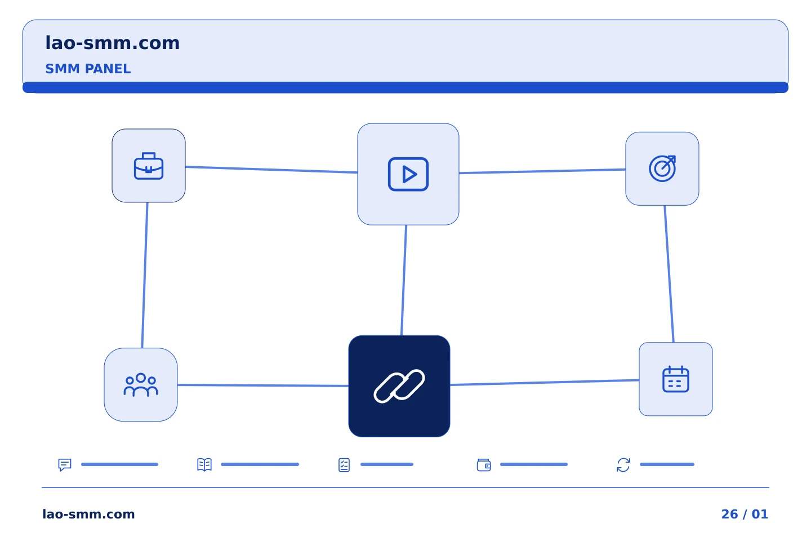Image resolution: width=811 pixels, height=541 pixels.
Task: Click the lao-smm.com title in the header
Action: pos(112,43)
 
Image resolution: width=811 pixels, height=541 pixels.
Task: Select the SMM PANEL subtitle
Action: pos(88,69)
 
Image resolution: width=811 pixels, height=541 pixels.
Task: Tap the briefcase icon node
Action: pos(149,166)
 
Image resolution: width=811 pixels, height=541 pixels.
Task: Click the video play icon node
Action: pos(408,174)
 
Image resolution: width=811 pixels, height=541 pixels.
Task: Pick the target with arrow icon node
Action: pos(662,168)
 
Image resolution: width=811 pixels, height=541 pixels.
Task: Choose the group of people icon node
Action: pos(141,384)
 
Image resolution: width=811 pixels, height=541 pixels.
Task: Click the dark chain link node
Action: pos(399,386)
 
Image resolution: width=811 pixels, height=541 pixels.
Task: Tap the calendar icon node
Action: pos(676,379)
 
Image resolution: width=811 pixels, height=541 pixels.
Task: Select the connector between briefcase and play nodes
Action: pos(271,170)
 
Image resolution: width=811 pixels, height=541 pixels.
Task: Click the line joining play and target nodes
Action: pos(542,171)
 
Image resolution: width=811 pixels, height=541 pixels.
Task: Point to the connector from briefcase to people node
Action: pos(145,275)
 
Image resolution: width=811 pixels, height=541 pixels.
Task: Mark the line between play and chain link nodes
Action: pos(404,280)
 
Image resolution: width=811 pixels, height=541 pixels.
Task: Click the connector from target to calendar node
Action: pos(669,274)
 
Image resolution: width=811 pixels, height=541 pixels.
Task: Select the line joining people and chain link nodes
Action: pos(263,385)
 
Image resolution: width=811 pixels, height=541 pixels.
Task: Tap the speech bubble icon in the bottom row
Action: pos(65,464)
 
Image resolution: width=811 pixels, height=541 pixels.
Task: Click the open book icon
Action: pos(204,464)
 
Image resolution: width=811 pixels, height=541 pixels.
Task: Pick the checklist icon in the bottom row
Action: pos(344,465)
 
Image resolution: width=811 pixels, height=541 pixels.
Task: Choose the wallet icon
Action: pos(484,465)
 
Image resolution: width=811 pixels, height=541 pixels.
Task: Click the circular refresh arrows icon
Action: pos(623,465)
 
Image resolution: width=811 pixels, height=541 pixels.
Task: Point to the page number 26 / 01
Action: pos(745,514)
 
